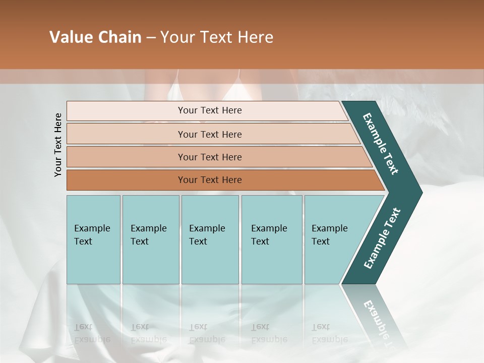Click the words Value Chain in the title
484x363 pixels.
pyautogui.click(x=95, y=37)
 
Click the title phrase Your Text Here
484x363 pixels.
pyautogui.click(x=217, y=37)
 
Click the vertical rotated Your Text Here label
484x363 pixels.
pyautogui.click(x=58, y=145)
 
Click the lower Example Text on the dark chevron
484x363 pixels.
pyautogui.click(x=382, y=238)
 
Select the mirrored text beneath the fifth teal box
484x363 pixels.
pyautogui.click(x=329, y=333)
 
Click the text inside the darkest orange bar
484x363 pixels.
pyautogui.click(x=210, y=180)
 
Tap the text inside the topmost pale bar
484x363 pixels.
pyautogui.click(x=210, y=110)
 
